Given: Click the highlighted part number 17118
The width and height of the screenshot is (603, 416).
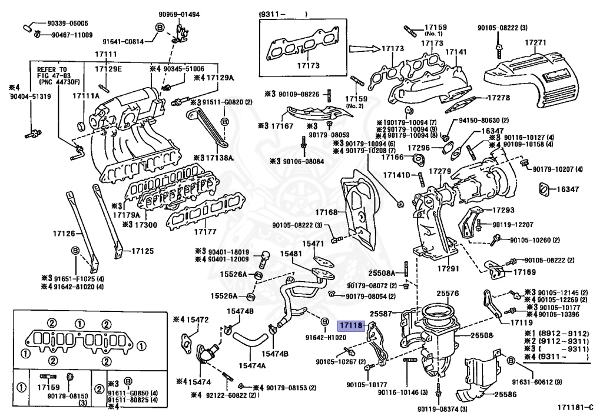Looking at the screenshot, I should (350, 324).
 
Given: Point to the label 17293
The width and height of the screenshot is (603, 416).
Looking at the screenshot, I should (503, 210).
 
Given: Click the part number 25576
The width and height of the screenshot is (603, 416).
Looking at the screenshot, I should (448, 292).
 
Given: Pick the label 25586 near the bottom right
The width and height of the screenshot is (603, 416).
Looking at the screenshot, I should (505, 395).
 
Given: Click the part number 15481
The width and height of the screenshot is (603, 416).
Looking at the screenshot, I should (291, 254).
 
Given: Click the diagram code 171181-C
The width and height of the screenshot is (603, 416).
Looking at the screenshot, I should (577, 406).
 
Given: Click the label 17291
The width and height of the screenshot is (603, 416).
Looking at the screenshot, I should (448, 268).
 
